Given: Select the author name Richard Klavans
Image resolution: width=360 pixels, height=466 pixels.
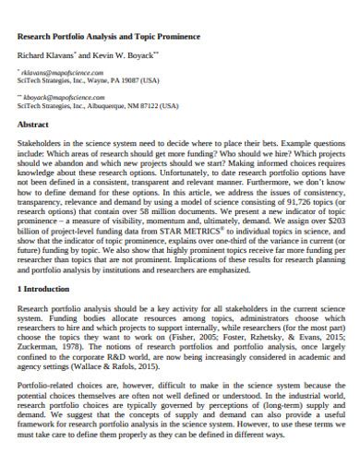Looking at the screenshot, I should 43,55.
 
